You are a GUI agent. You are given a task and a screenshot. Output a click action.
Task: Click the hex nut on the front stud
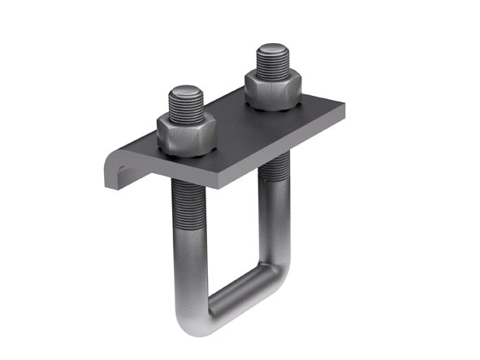point(186,134)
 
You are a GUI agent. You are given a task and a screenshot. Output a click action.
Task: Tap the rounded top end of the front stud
point(187,89)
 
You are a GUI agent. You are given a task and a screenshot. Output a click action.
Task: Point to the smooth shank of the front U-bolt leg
point(189,260)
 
